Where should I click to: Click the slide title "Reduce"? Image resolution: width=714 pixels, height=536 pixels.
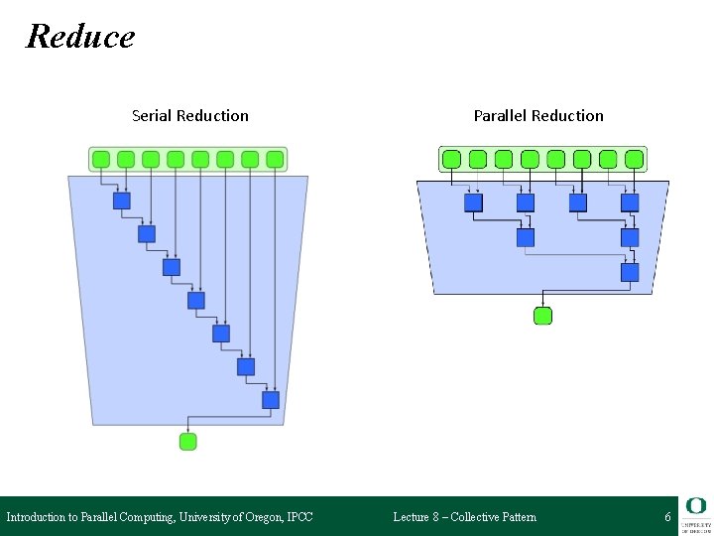[x=80, y=37]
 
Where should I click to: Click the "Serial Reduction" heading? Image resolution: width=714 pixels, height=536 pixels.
[x=190, y=116]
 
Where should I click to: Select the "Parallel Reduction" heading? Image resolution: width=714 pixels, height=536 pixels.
[x=538, y=116]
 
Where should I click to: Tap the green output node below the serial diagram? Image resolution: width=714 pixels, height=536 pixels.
[x=188, y=442]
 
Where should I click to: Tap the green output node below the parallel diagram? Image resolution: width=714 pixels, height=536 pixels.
[x=542, y=317]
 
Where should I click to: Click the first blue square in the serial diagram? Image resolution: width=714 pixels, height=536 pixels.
[x=122, y=201]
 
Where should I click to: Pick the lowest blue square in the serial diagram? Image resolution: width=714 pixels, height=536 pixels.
[x=270, y=400]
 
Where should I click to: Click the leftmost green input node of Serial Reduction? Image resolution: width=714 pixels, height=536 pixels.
[x=101, y=159]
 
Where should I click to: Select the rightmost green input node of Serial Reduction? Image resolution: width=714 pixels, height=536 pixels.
[x=275, y=159]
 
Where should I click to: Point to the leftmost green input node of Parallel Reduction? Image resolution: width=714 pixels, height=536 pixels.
[x=451, y=159]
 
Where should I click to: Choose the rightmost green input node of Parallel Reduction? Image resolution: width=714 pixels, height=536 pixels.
[x=634, y=159]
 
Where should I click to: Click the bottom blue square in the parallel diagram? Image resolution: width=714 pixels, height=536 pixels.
[x=630, y=271]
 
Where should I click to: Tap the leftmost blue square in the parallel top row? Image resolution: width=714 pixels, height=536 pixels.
[x=474, y=202]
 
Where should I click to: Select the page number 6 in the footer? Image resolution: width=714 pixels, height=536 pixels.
[x=667, y=517]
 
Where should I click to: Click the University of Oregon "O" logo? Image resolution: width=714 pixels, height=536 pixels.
[x=695, y=506]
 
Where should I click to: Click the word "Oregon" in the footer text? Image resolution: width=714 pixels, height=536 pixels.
[x=261, y=517]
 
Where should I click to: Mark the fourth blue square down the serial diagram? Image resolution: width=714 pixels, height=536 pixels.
[x=196, y=300]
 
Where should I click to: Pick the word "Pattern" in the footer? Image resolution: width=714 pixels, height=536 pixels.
[x=516, y=517]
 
